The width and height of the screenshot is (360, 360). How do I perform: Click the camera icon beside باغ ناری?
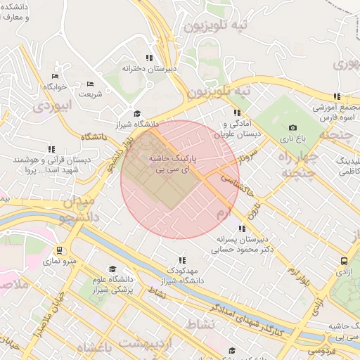[292, 127]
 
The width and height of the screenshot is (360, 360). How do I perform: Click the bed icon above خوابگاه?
[55, 76]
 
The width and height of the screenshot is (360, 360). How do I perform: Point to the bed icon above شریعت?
[89, 83]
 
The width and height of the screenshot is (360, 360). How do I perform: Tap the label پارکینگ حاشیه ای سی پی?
[172, 165]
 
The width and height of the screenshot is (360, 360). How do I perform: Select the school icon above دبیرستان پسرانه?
[243, 229]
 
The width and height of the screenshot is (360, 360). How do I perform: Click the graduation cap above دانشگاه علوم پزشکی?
[112, 269]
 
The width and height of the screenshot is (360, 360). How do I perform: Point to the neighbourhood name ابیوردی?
[53, 107]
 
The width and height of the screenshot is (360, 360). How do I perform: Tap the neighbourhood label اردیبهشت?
[146, 342]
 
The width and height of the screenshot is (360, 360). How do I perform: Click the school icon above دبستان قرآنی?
[51, 149]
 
